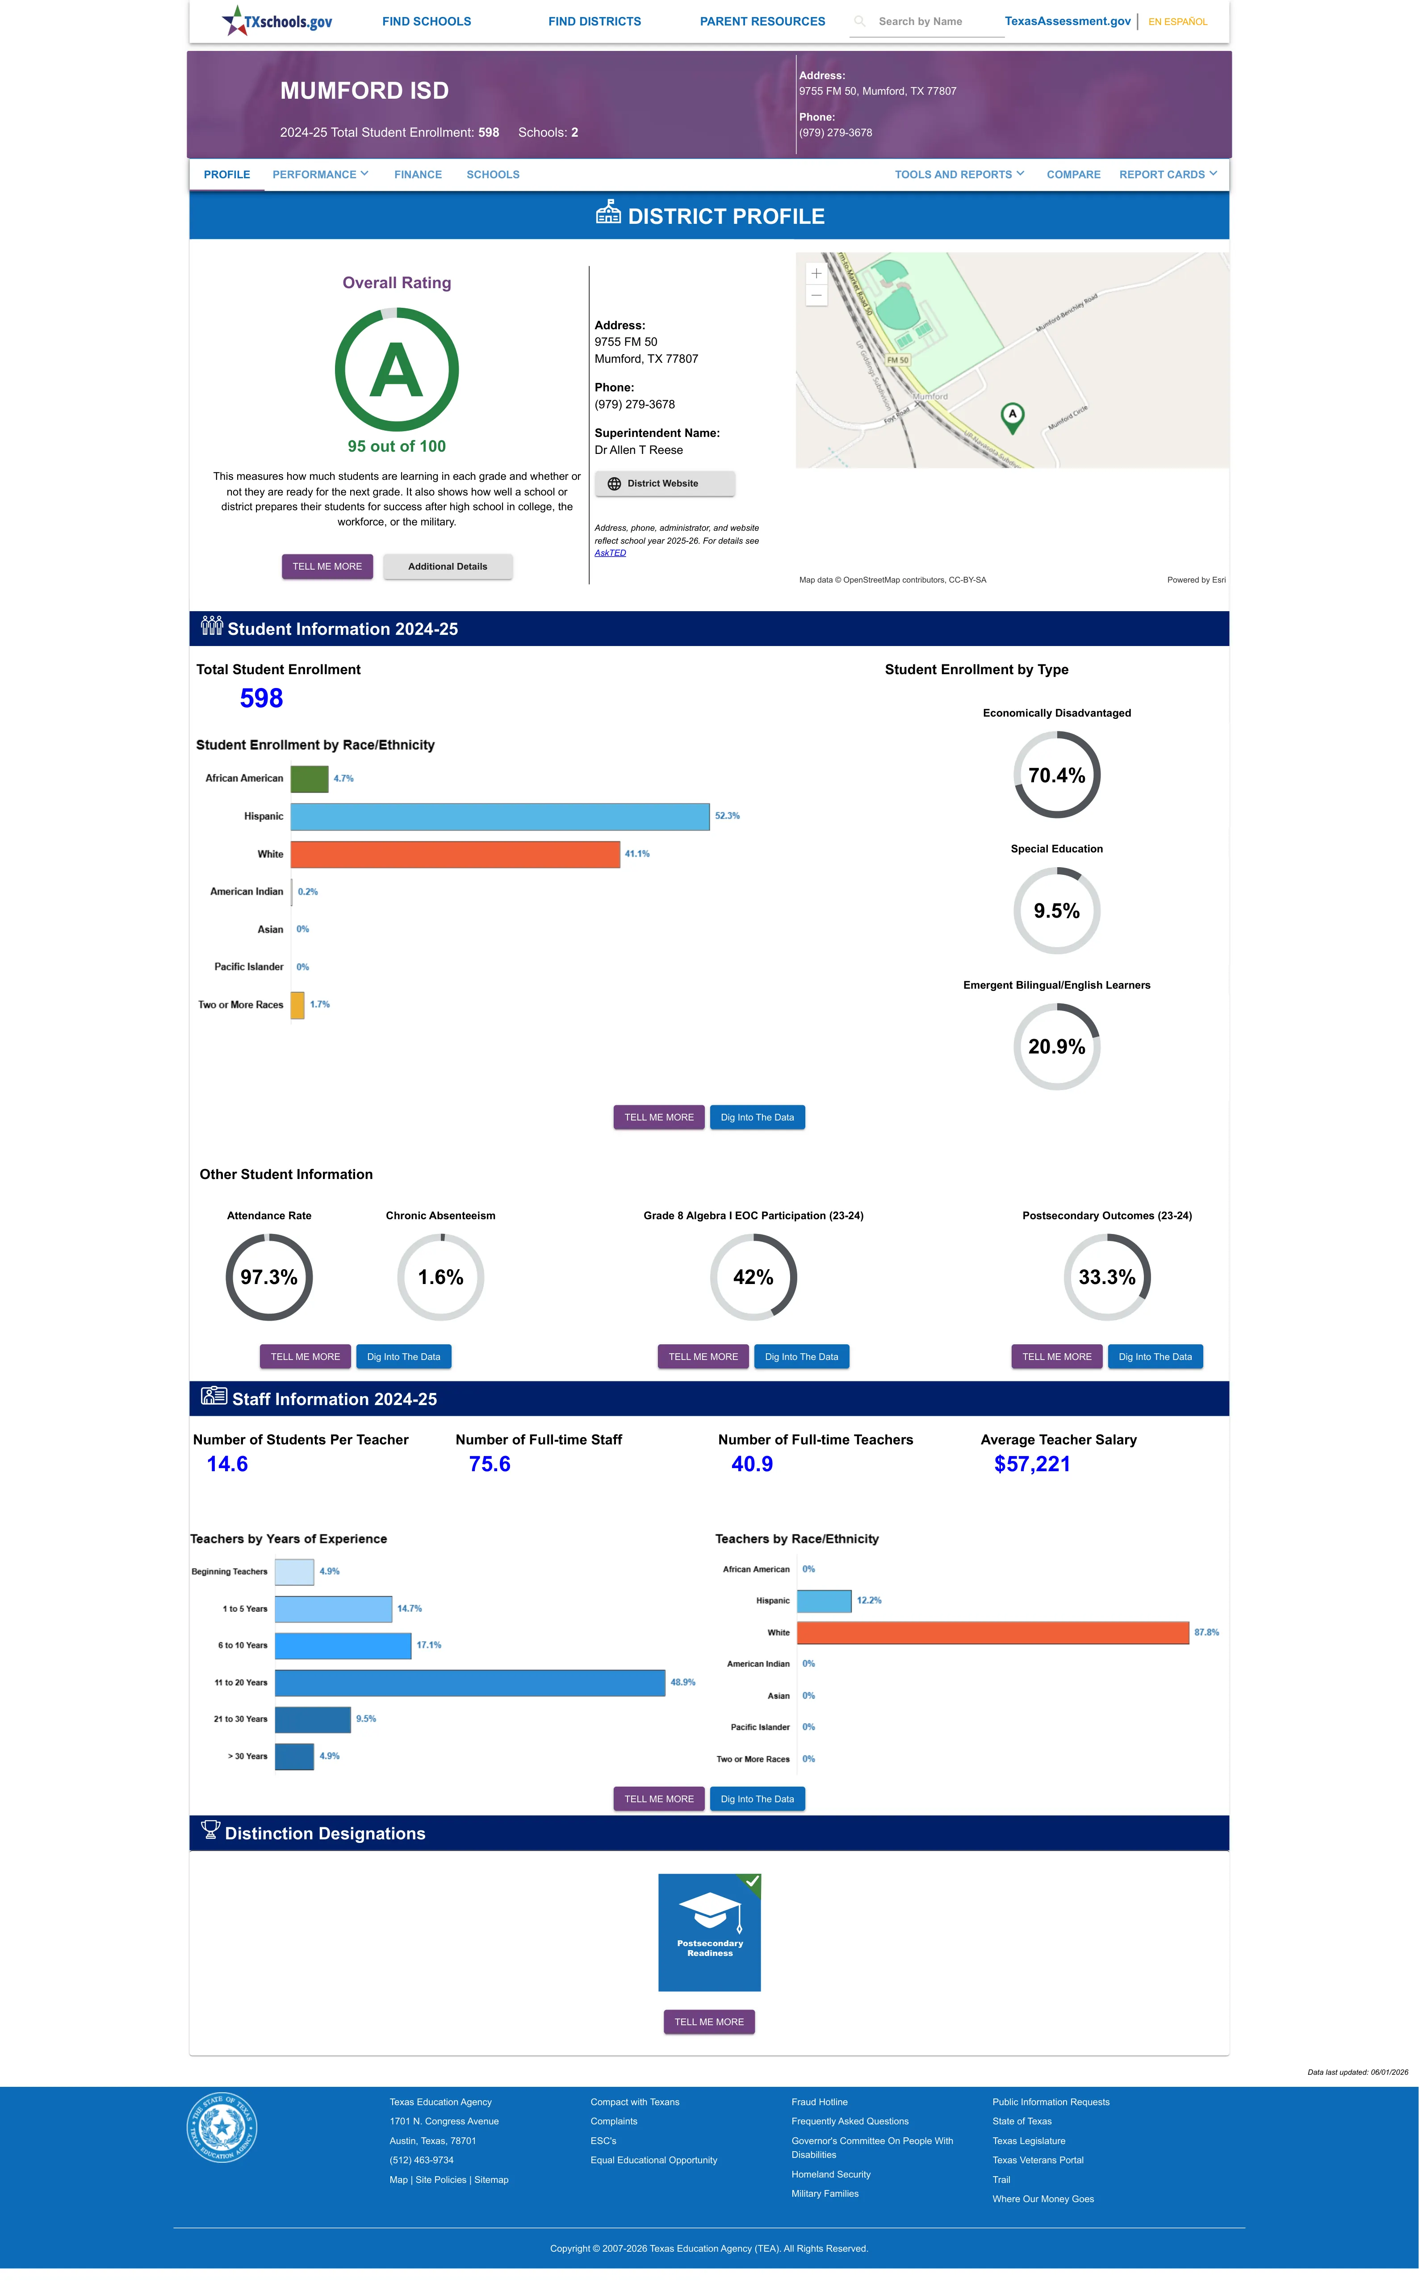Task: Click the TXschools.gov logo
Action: tap(277, 21)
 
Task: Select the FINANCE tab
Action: tap(418, 175)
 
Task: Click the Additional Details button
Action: tap(448, 567)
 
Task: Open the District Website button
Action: tap(665, 483)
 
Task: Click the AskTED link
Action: tap(610, 553)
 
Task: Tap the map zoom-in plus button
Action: tap(816, 273)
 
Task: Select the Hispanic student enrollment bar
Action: tap(500, 816)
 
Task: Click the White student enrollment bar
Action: tap(455, 854)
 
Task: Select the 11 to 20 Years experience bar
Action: tap(470, 1683)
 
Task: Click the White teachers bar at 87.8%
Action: tap(993, 1633)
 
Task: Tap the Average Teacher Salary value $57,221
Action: tap(1032, 1464)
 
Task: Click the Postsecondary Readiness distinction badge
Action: tap(709, 1932)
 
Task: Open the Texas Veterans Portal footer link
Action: tap(1038, 2160)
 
